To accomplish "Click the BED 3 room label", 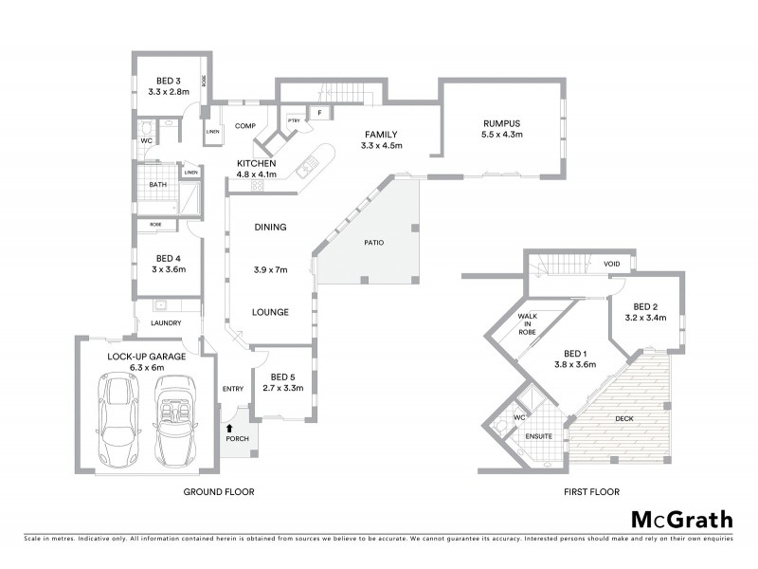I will pyautogui.click(x=168, y=80).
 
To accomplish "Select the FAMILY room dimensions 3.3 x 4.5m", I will pyautogui.click(x=382, y=146).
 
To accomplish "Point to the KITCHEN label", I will pyautogui.click(x=256, y=162).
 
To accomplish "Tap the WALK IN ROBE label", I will pyautogui.click(x=528, y=324).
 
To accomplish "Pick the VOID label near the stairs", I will pyautogui.click(x=611, y=265).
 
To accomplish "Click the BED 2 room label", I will pyautogui.click(x=645, y=306).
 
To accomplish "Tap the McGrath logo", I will pyautogui.click(x=681, y=518).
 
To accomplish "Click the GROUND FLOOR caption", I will pyautogui.click(x=219, y=492).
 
